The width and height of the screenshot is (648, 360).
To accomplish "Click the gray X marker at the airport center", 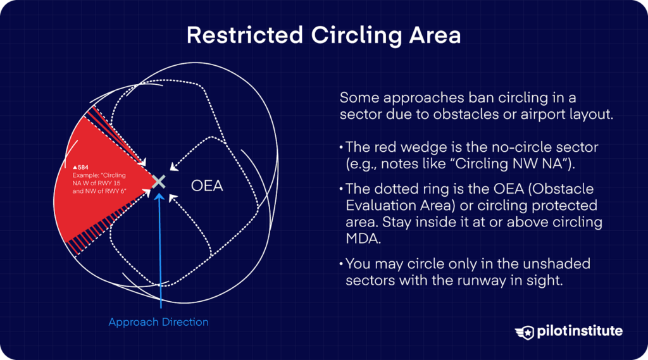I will (x=159, y=182).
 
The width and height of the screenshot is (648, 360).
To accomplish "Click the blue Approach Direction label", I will (x=158, y=322).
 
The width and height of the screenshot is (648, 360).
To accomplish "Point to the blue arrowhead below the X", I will (x=159, y=196).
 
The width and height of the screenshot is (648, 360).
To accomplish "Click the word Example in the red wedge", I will (x=89, y=175).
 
